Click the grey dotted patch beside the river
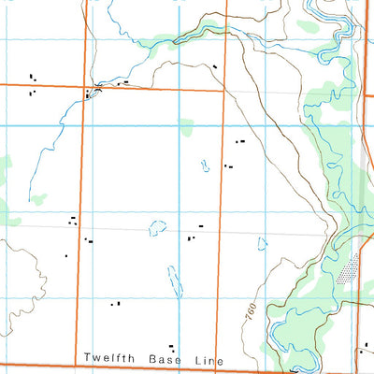click(x=350, y=270)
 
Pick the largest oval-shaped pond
click(x=157, y=227)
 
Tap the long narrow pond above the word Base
click(x=172, y=277)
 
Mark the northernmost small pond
click(x=205, y=166)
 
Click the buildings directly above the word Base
click(x=170, y=346)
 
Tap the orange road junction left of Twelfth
click(x=75, y=365)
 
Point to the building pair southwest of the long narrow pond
click(x=115, y=304)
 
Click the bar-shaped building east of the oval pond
click(x=199, y=226)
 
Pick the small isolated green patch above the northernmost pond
click(x=186, y=122)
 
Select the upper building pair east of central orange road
click(x=239, y=141)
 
